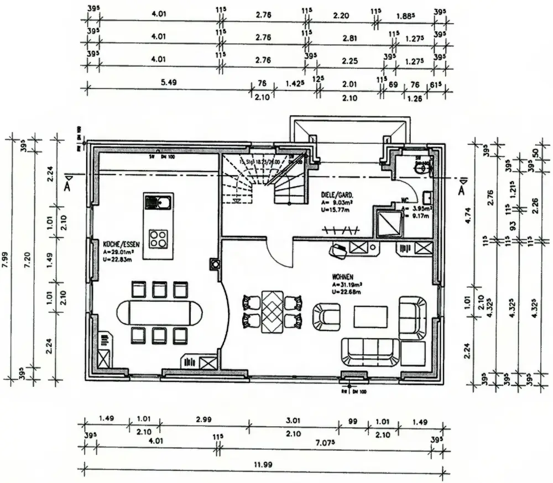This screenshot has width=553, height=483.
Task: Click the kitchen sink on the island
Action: coord(158,203)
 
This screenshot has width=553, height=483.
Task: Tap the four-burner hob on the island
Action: coord(158,238)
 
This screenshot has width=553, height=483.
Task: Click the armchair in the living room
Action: coord(326,316)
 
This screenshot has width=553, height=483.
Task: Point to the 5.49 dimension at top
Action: coord(168,82)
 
